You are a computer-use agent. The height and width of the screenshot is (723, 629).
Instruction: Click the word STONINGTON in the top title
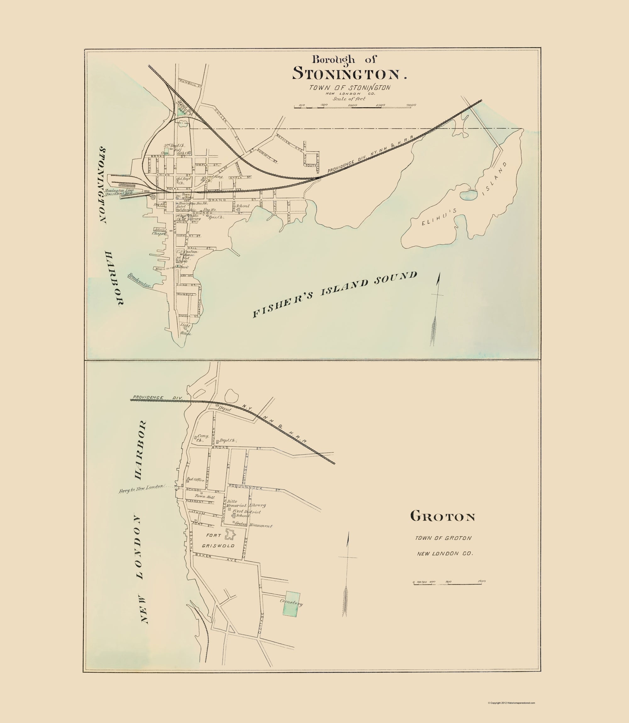tap(346, 74)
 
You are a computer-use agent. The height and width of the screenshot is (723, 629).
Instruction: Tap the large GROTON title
tap(443, 517)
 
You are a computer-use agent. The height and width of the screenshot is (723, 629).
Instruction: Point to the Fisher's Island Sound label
tap(335, 294)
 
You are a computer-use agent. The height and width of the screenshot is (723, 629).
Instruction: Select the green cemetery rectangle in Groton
tap(292, 604)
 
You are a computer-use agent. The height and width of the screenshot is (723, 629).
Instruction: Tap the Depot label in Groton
tap(225, 409)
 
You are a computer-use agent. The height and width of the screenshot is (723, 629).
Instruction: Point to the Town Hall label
tap(205, 496)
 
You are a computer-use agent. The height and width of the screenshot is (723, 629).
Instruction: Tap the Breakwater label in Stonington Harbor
tap(139, 281)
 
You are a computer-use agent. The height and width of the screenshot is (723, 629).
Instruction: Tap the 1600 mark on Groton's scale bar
tap(481, 581)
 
